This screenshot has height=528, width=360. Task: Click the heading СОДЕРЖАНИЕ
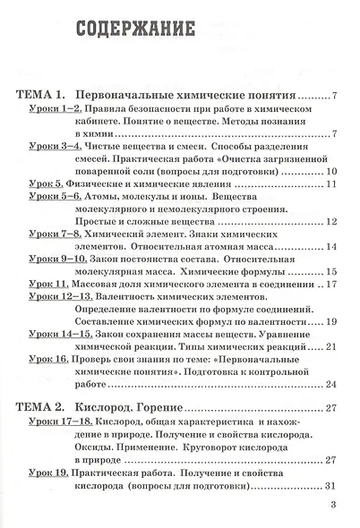pos(136,29)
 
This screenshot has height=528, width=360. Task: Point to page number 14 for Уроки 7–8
pos(330,246)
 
